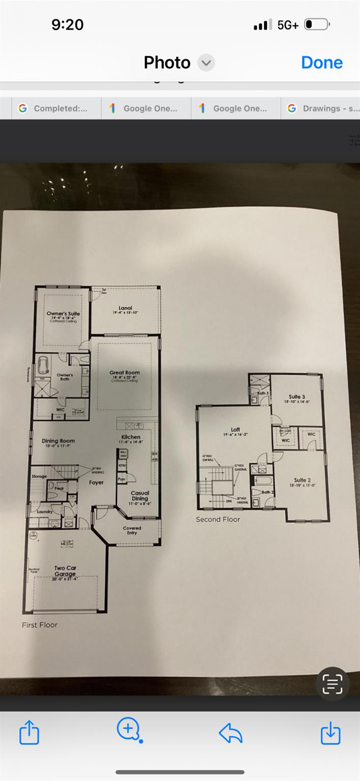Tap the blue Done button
coord(322,63)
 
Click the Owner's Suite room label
coord(64,314)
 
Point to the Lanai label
coord(126,308)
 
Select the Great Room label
coord(125,373)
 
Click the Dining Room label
coord(58,441)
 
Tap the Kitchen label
coord(131,437)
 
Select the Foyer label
coord(97,483)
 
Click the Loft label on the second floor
coord(235,430)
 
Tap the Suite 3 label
coord(297,397)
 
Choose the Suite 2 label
coord(302,480)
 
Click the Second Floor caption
coord(218,519)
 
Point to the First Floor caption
coord(40,625)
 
